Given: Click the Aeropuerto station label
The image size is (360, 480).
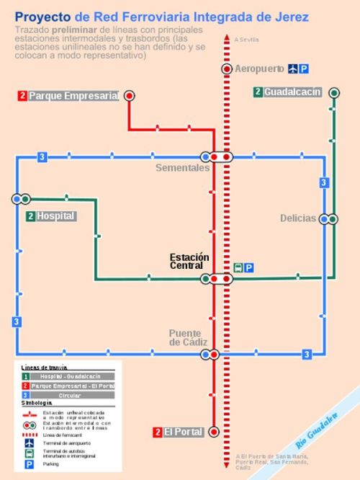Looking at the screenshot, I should point(260,69).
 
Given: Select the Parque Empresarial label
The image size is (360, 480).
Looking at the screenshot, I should point(73,96).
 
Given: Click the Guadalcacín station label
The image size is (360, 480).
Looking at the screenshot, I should point(292,92).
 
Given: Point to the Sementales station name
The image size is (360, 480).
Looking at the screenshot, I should point(182,168).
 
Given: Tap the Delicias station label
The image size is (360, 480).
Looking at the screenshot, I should point(298,218).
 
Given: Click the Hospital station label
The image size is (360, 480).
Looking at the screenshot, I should point(55,216).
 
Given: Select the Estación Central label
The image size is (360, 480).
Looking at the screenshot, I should point(189,261).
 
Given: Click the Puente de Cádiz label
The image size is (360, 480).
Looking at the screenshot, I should point(189,337).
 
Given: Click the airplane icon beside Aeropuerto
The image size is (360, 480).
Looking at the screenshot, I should point(292,69).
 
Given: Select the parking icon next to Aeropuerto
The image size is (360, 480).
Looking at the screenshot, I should point(304,69).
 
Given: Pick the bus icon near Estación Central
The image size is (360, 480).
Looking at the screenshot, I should point(238,268).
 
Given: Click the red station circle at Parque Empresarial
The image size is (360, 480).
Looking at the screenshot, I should point(130,95).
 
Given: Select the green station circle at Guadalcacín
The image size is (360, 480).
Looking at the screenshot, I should point(333,92).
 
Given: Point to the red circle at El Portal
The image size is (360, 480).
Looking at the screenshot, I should point(214,432).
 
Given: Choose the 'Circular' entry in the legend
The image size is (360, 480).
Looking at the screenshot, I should point(69,396).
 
